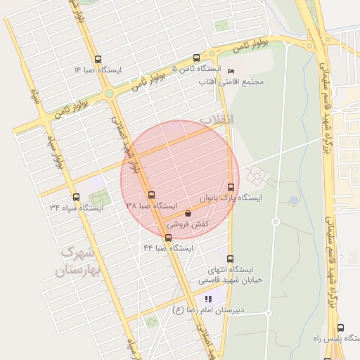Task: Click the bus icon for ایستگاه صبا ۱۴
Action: pyautogui.click(x=98, y=60)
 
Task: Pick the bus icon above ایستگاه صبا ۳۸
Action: pyautogui.click(x=151, y=195)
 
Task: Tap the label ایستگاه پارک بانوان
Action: pyautogui.click(x=231, y=198)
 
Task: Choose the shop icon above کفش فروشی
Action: pyautogui.click(x=188, y=214)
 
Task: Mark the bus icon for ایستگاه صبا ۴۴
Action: pyautogui.click(x=168, y=238)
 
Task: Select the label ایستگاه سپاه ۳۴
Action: pyautogui.click(x=76, y=208)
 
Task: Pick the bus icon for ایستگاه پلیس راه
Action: pyautogui.click(x=341, y=328)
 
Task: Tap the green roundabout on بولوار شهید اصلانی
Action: pyautogui.click(x=109, y=94)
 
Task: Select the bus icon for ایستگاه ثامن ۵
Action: pyautogui.click(x=195, y=58)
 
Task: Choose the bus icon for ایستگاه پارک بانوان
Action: pyautogui.click(x=231, y=187)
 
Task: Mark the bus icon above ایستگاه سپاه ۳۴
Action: pyautogui.click(x=76, y=197)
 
